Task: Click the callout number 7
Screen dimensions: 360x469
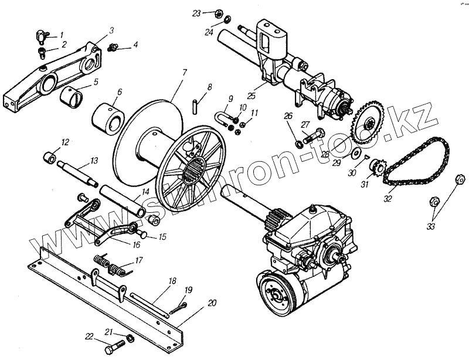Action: click(184, 73)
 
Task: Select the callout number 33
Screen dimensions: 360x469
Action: click(431, 227)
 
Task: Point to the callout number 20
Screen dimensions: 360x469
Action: click(212, 303)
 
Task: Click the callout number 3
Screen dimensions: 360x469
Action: click(111, 30)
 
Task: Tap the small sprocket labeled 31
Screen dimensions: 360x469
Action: click(377, 171)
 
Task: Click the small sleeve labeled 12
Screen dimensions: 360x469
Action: click(50, 158)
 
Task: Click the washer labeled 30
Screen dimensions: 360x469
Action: click(355, 154)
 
